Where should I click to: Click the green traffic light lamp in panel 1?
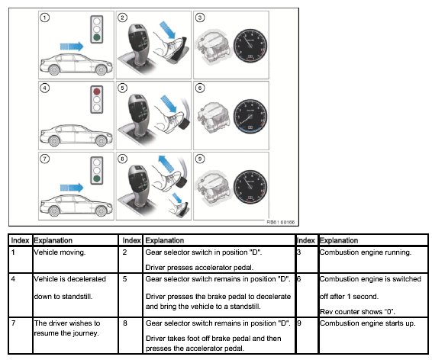97,37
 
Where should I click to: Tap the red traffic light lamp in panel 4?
97,91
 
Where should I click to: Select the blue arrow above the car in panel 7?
72,188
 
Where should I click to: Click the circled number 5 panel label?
122,88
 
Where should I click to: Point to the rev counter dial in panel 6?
250,117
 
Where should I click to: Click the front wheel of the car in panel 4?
101,141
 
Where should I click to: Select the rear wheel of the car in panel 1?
54,70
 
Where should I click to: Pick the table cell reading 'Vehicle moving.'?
60,252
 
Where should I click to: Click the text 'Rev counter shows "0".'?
357,311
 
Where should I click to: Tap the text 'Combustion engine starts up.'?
367,323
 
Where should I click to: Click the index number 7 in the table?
13,323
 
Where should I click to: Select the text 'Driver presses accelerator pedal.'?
199,267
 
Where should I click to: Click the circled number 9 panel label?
200,159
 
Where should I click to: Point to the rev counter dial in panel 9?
250,187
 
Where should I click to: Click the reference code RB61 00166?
280,222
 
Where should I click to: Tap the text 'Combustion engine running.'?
366,252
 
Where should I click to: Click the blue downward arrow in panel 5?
169,104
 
